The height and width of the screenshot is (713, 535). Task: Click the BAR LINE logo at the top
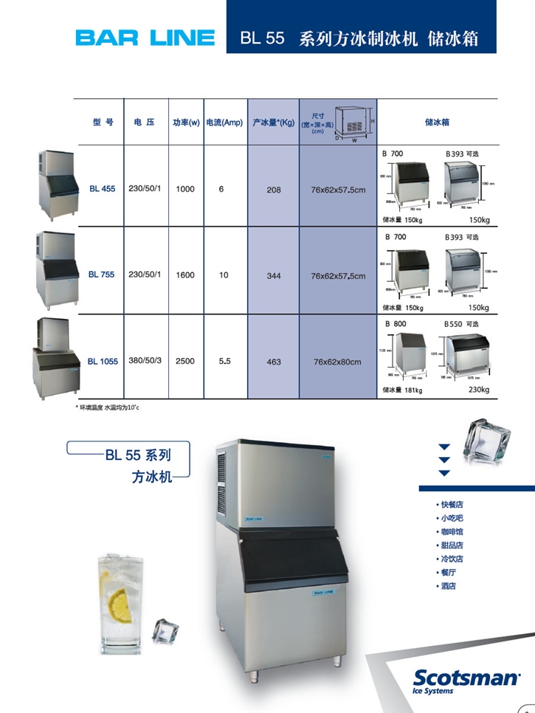145,38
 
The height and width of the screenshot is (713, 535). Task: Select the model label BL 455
102,189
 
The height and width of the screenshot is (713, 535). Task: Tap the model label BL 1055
103,362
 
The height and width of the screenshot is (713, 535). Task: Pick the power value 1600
185,275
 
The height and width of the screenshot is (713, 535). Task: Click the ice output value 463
273,362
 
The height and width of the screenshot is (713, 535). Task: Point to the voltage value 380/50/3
145,361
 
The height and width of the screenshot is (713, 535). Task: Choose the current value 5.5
225,362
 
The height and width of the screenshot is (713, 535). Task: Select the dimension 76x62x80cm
337,362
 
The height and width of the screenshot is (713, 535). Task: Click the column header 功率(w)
186,123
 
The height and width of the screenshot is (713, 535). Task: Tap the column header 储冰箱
438,123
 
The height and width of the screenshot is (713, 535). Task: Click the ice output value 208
273,190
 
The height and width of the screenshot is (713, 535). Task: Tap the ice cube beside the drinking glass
165,630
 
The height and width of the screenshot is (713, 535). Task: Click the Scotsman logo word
464,677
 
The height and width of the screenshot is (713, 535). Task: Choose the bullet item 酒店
448,585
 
